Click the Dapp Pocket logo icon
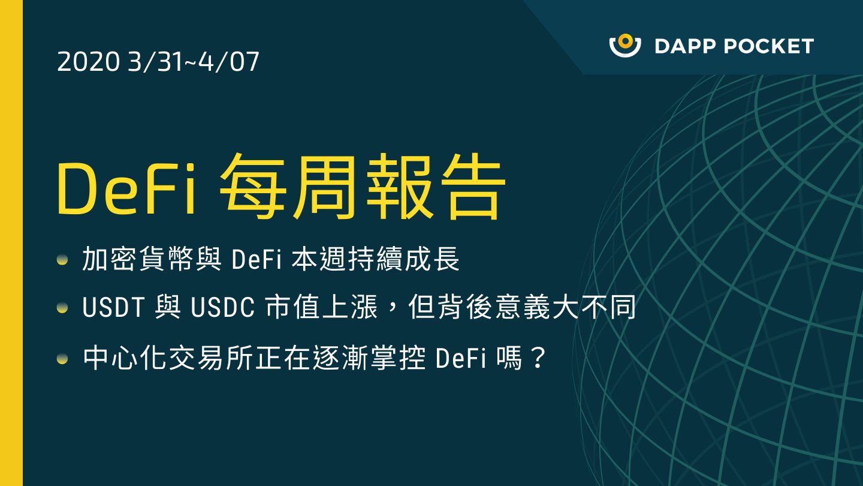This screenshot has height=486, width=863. (x=625, y=46)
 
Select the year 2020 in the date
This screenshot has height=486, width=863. (x=88, y=62)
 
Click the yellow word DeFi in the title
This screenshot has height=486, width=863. (x=126, y=188)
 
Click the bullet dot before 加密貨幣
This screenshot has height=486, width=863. (x=62, y=260)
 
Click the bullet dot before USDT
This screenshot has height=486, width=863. (x=62, y=308)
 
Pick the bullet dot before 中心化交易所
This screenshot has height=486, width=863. (x=62, y=359)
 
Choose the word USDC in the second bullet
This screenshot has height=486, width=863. (x=223, y=308)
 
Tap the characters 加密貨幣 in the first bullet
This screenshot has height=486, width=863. (x=138, y=259)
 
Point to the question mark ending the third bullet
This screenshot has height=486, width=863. (x=538, y=358)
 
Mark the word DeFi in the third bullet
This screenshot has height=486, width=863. (x=461, y=359)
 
